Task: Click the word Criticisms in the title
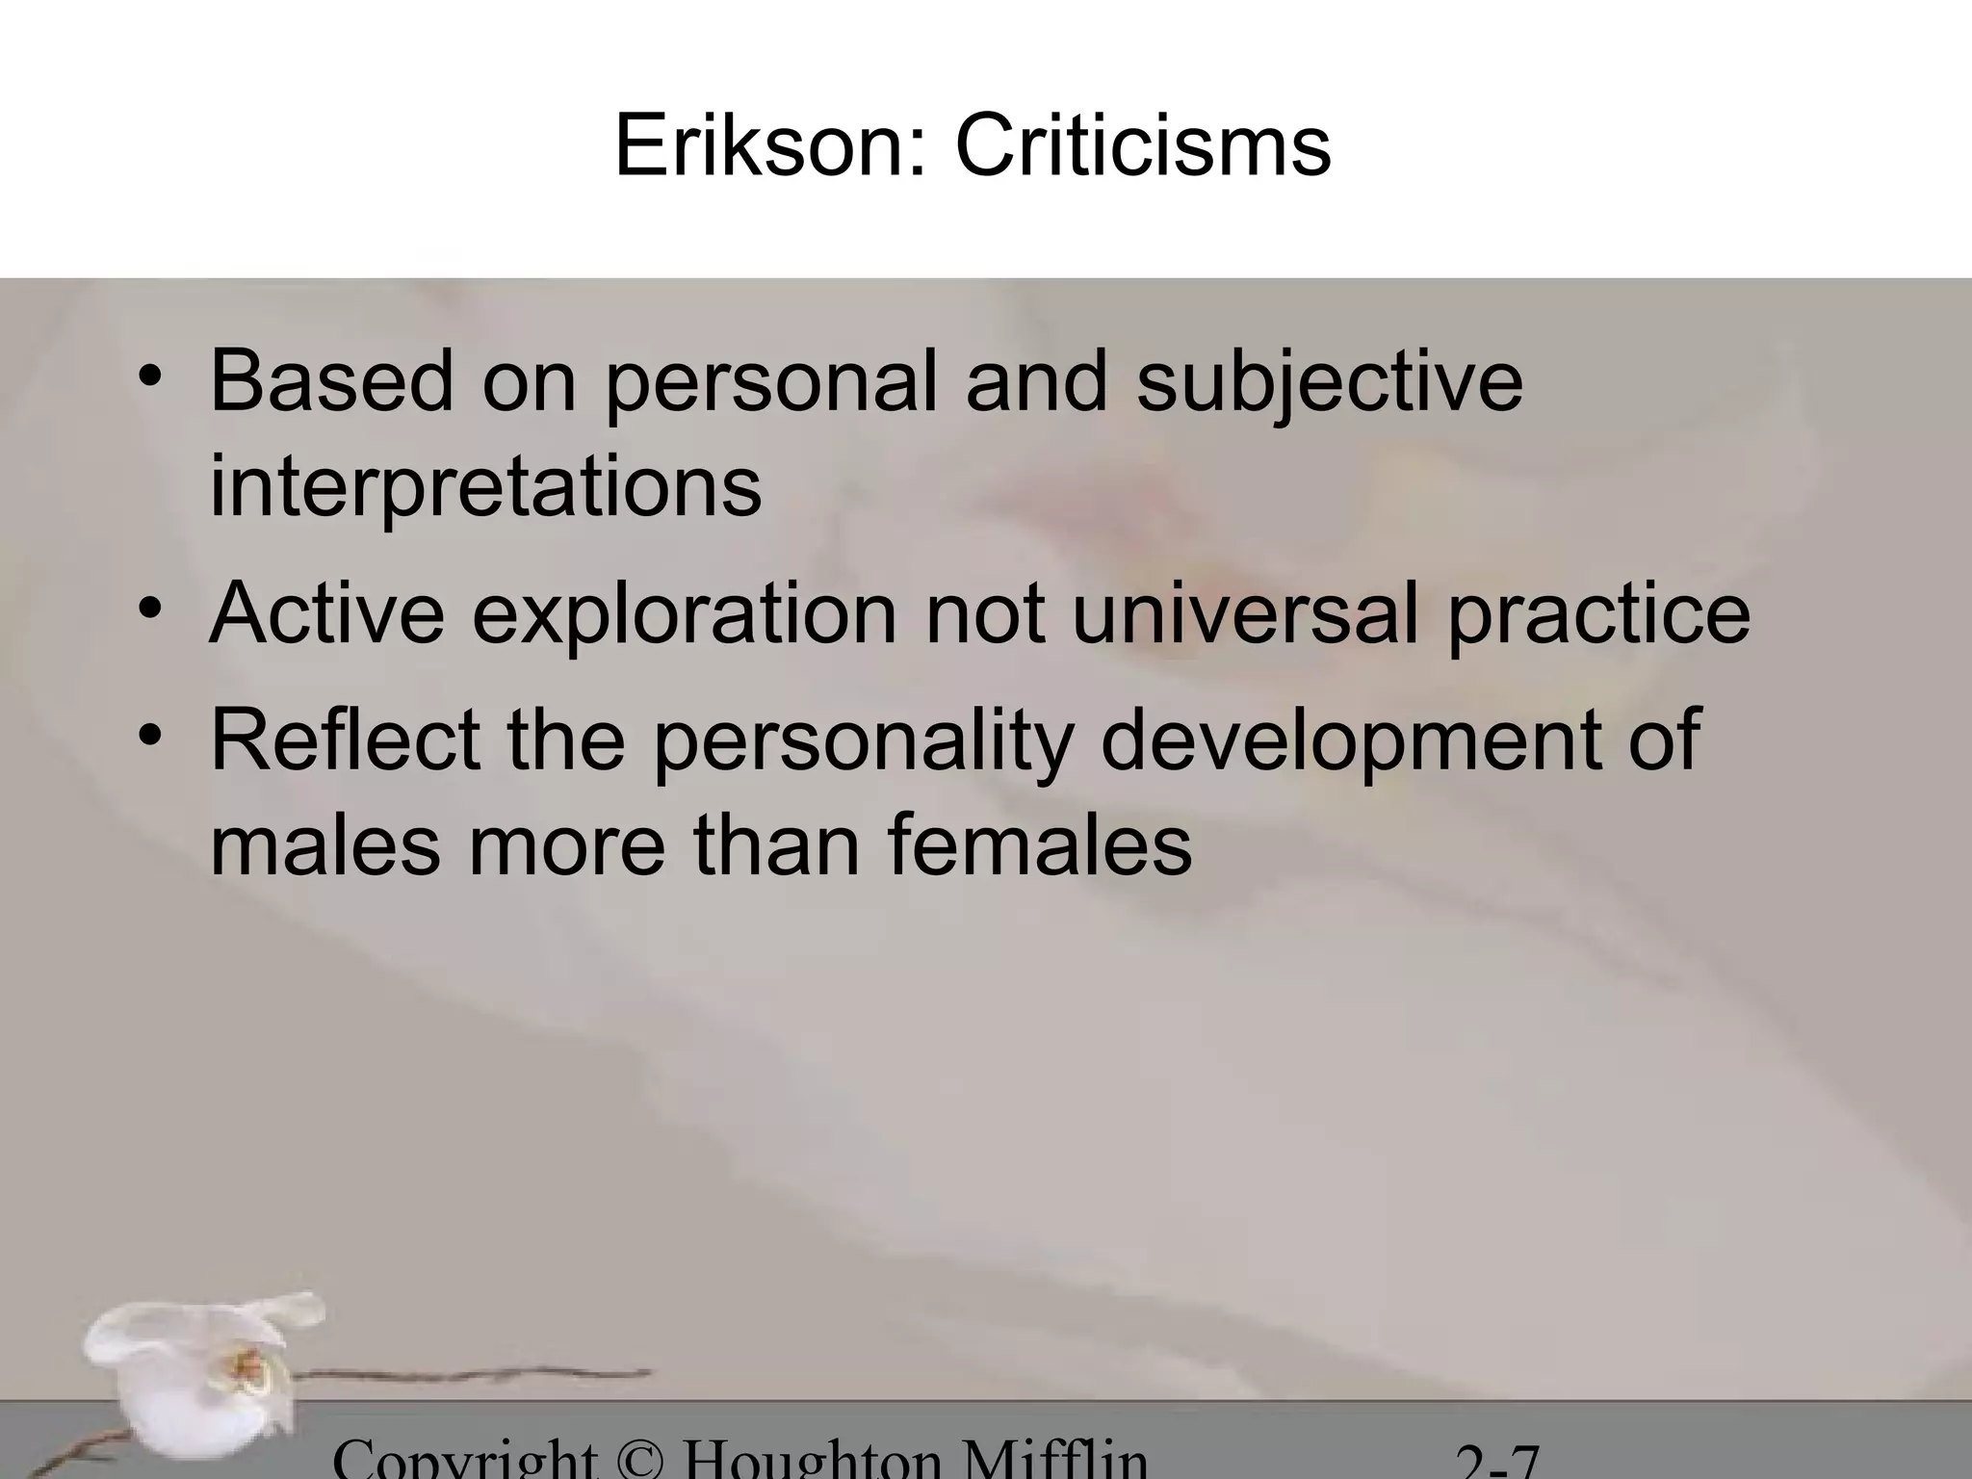tap(1143, 147)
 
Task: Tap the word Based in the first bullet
tap(331, 381)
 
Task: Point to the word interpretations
tap(485, 487)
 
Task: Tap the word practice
tap(1598, 616)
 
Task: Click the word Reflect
tap(345, 739)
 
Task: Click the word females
tap(1039, 845)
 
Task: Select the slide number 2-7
tap(1497, 1466)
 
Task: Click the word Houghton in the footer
tap(812, 1462)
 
